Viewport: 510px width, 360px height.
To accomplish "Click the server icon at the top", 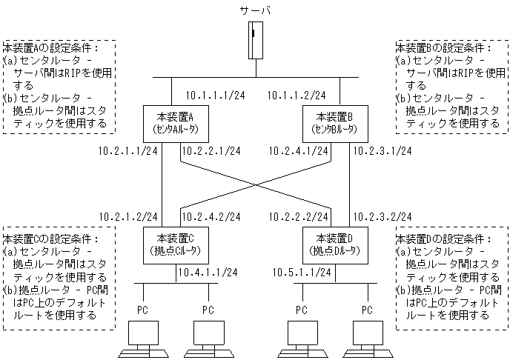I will pyautogui.click(x=256, y=40).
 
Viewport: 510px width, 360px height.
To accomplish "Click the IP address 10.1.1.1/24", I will pyautogui.click(x=215, y=95).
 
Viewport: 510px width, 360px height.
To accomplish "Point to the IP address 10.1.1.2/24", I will pyautogui.click(x=296, y=95).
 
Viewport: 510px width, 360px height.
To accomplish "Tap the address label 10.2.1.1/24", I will pyautogui.click(x=127, y=151).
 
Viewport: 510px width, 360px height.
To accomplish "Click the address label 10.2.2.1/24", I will pyautogui.click(x=212, y=151).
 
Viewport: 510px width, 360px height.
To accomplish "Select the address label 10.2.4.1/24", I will pyautogui.click(x=299, y=151).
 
